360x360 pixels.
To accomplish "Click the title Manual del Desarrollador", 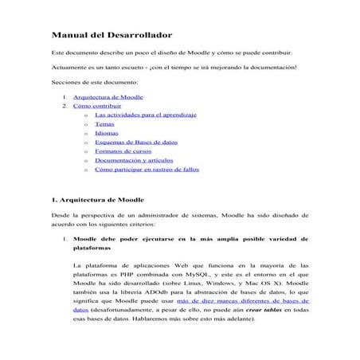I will [112, 36].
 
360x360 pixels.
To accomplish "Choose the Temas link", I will [104, 124].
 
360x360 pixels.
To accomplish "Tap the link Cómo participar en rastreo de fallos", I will [147, 170].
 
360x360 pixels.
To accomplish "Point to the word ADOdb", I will [166, 292].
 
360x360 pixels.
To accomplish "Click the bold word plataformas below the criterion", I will [97, 248].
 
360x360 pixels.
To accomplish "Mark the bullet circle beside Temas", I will [85, 125].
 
